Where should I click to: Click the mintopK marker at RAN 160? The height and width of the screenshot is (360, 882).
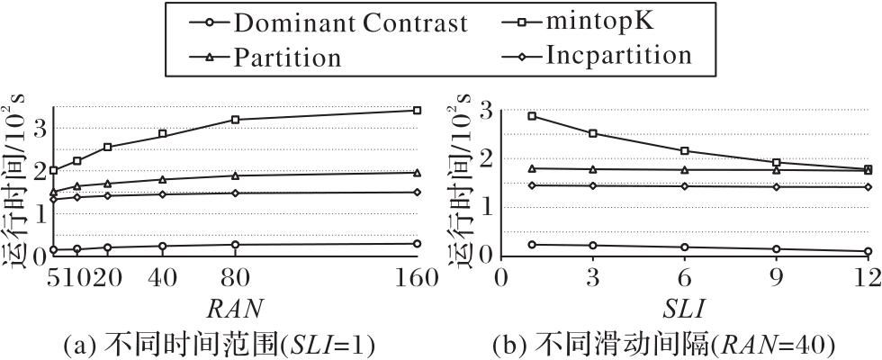417,110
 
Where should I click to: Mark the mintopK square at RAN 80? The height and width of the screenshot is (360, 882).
235,120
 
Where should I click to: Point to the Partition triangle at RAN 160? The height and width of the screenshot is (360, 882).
417,173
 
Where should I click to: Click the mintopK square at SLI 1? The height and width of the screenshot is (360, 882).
532,116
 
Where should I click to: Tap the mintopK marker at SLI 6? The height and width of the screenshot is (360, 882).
686,151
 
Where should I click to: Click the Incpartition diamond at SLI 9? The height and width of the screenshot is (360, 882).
776,186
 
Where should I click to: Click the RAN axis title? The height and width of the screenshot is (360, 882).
235,308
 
